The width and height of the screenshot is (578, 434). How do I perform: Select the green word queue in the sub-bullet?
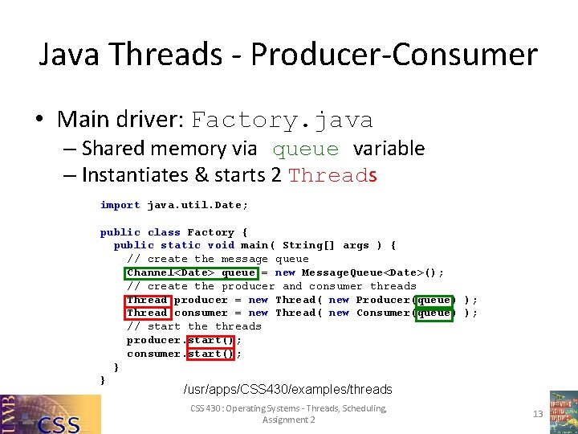click(x=305, y=149)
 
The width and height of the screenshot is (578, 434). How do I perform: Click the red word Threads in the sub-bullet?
click(x=332, y=175)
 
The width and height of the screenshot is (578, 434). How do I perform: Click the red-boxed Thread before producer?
click(x=147, y=300)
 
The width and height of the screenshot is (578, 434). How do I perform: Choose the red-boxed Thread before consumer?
click(x=147, y=313)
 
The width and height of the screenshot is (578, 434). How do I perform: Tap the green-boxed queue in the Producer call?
click(x=433, y=300)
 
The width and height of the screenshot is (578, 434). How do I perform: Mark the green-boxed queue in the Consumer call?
click(x=433, y=313)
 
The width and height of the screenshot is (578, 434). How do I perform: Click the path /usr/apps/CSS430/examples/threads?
click(x=287, y=390)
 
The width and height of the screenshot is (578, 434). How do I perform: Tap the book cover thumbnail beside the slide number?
click(x=563, y=412)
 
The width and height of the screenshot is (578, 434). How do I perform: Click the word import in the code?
click(x=120, y=205)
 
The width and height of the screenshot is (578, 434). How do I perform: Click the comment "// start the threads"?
click(x=193, y=326)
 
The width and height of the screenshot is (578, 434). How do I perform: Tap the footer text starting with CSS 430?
click(x=288, y=414)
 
